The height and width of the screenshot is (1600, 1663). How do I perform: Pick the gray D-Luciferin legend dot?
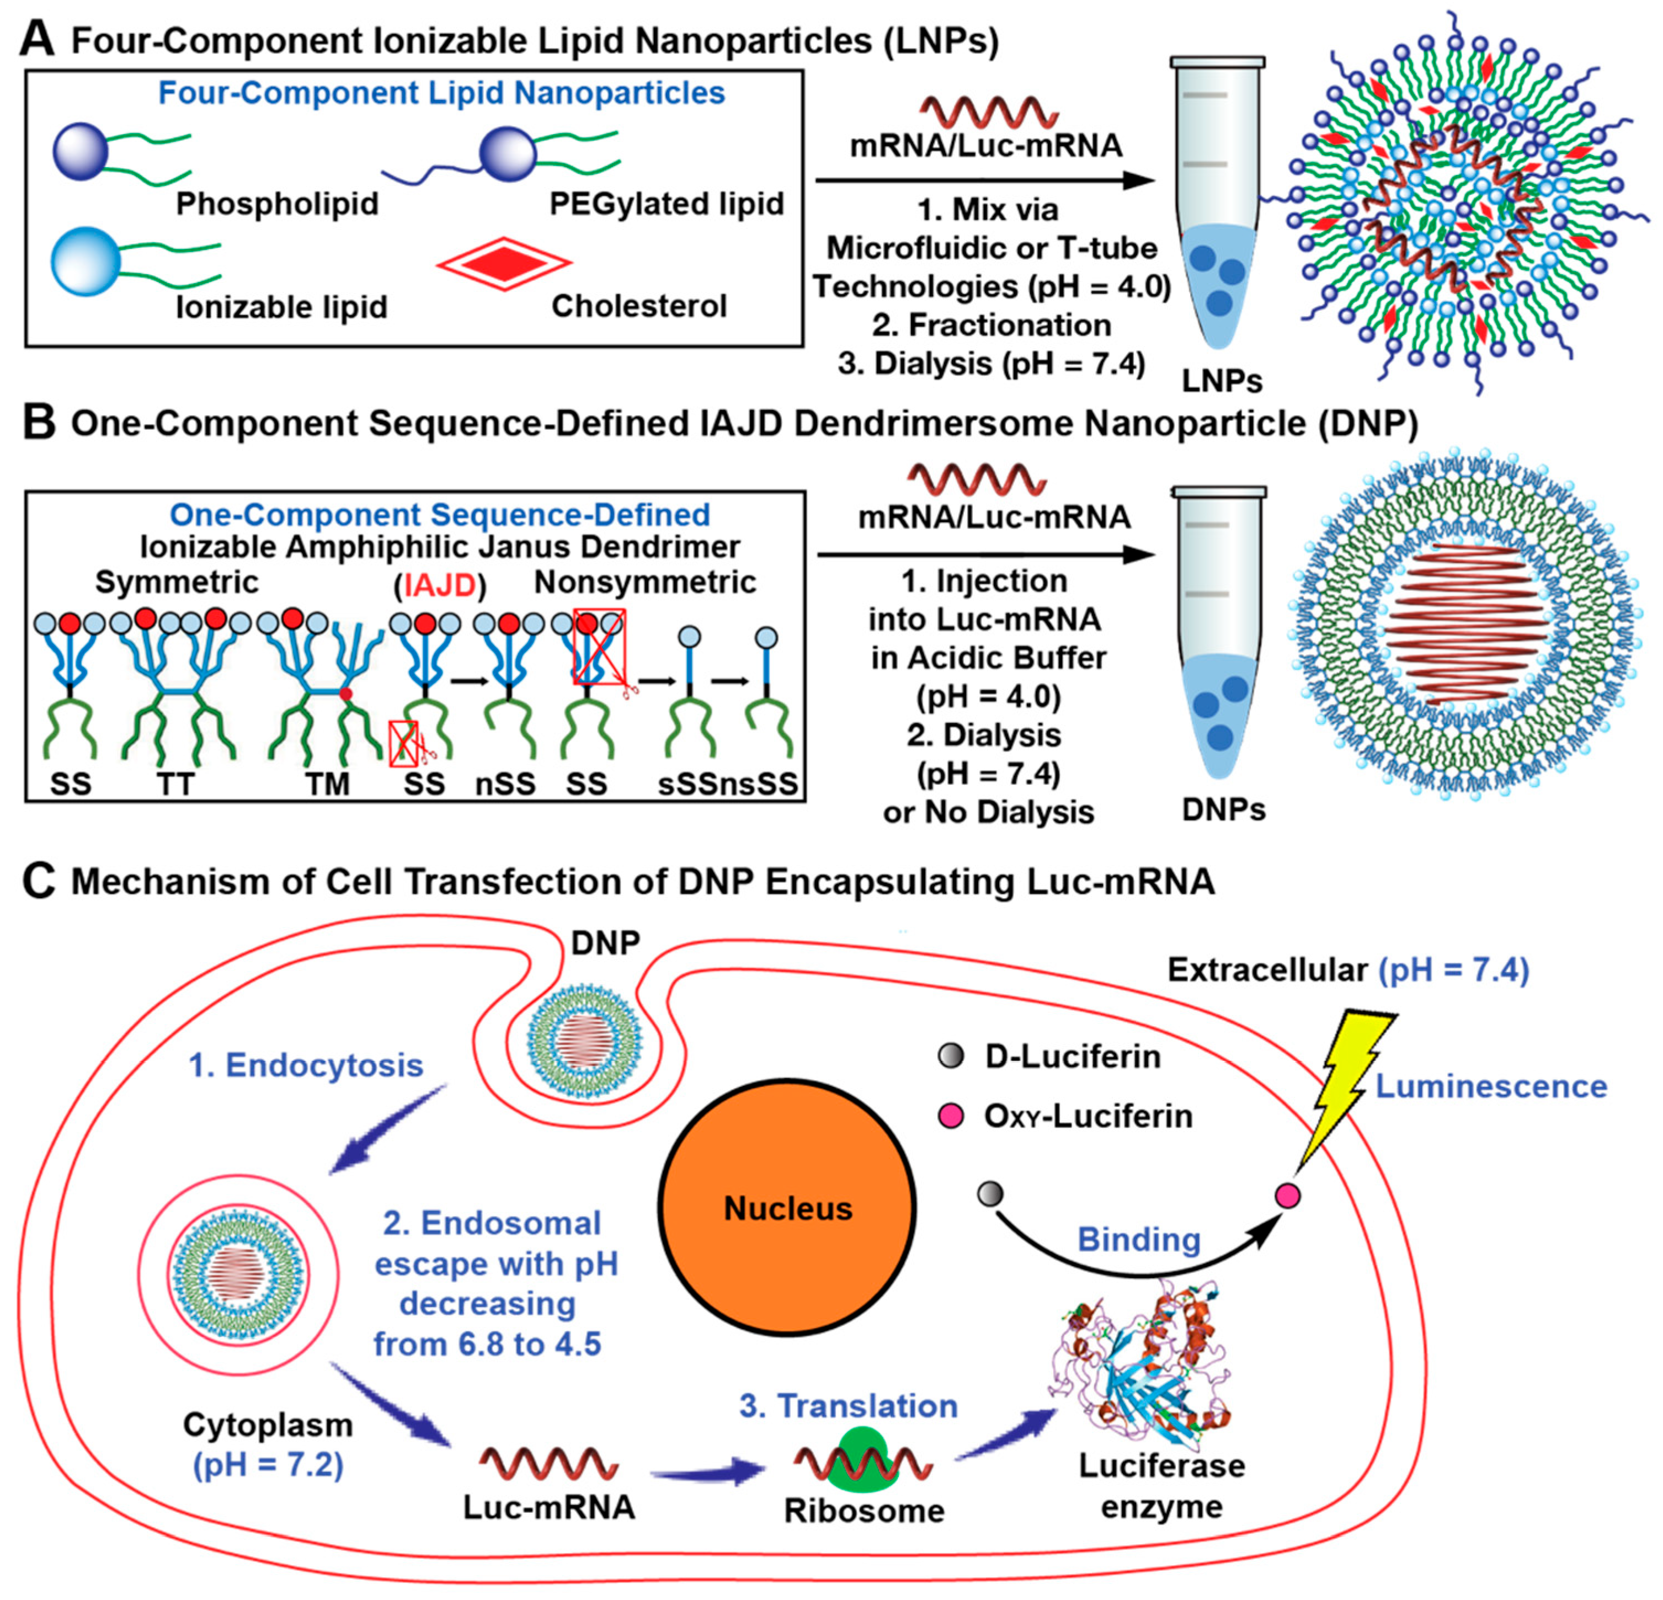pos(951,1056)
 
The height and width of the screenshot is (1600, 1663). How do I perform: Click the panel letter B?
pos(38,423)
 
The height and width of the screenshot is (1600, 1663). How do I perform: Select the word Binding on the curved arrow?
pos(1139,1240)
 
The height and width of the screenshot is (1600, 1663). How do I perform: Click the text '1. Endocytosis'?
pos(306,1065)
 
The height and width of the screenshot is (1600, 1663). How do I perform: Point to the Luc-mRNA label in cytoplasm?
pos(549,1507)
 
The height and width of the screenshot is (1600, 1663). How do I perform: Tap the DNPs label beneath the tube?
pos(1223,810)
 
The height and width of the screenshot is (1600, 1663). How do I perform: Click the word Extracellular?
pos(1267,970)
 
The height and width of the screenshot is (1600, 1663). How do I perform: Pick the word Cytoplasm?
pos(268,1425)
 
